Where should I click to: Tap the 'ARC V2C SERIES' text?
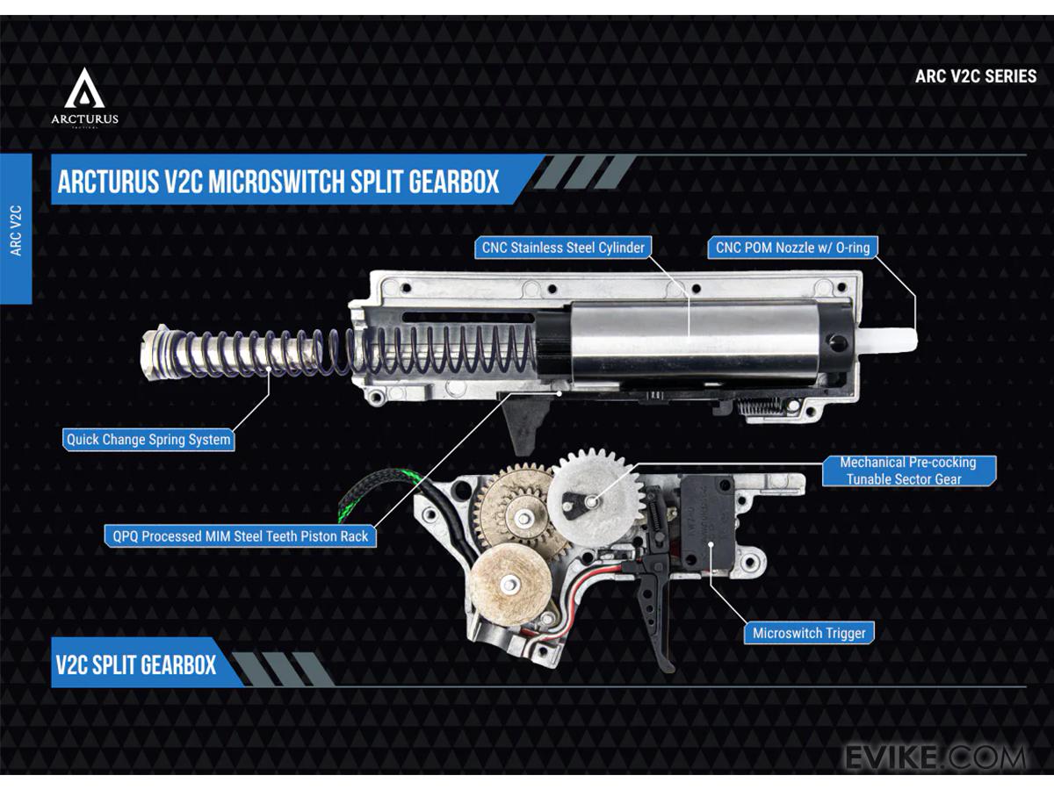(x=975, y=75)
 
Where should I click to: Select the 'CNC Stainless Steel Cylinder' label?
(x=563, y=248)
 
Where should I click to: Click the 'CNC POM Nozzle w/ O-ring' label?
(x=792, y=248)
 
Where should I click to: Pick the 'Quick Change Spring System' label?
(x=148, y=440)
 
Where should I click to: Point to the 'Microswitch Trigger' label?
(x=809, y=633)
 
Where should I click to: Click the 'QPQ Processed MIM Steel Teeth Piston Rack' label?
(x=240, y=535)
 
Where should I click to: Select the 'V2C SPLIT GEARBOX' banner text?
(x=136, y=664)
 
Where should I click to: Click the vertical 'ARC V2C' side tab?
(x=16, y=231)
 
